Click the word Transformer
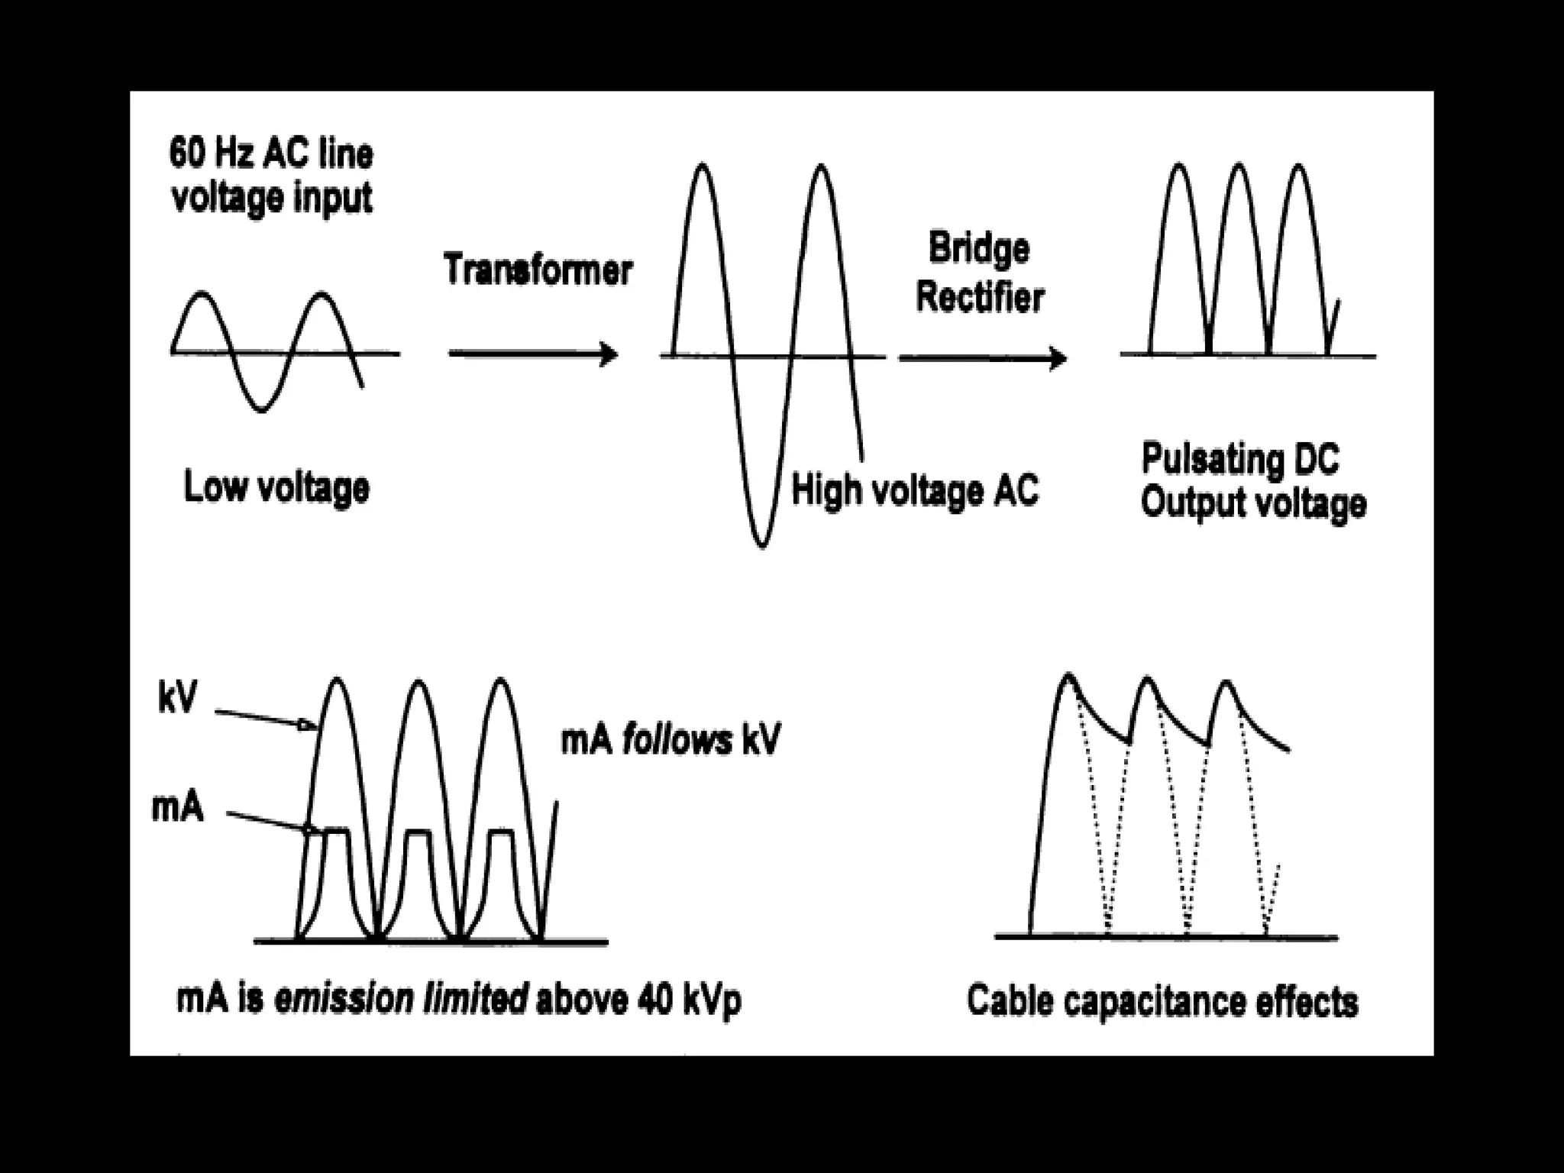[x=538, y=270]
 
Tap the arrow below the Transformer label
[x=532, y=354]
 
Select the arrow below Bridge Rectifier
[x=982, y=357]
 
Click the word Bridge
[x=979, y=250]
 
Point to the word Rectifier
[x=980, y=296]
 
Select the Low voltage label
[x=276, y=487]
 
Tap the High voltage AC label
[x=915, y=490]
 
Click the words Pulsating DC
[x=1239, y=459]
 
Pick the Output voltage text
[x=1253, y=503]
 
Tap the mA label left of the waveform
[x=177, y=807]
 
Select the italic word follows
[x=676, y=741]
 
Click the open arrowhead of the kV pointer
[x=307, y=725]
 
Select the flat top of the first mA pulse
[x=337, y=831]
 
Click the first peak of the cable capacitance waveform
[x=1068, y=675]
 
